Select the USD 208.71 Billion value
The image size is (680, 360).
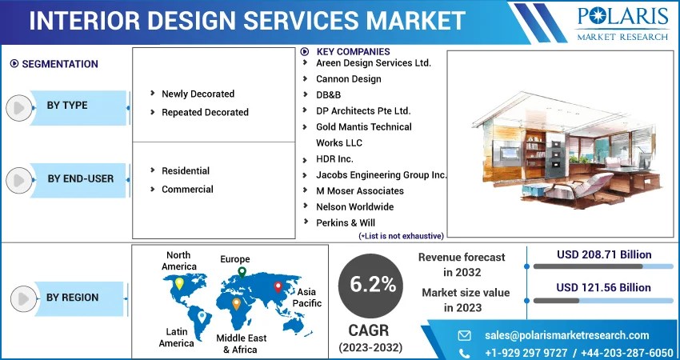click(x=604, y=254)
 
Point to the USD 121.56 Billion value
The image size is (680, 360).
click(x=604, y=287)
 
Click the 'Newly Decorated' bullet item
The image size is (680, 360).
click(x=198, y=94)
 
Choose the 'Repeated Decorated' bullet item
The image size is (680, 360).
click(x=205, y=112)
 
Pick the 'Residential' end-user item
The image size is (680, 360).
click(x=186, y=170)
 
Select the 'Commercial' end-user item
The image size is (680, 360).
click(x=187, y=189)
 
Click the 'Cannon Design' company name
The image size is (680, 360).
click(x=348, y=78)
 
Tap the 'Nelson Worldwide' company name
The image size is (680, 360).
click(x=354, y=206)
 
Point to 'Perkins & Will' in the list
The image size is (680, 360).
click(x=346, y=222)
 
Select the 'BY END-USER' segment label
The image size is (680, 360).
click(x=80, y=178)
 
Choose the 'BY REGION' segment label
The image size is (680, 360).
click(x=72, y=298)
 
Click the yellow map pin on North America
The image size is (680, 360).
click(x=179, y=282)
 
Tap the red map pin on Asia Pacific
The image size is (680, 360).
click(x=278, y=286)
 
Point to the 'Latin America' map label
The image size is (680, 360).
click(x=176, y=337)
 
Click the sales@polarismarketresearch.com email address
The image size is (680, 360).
click(x=566, y=335)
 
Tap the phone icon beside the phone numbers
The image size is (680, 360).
click(x=465, y=353)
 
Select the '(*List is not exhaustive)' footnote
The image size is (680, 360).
click(x=401, y=236)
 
